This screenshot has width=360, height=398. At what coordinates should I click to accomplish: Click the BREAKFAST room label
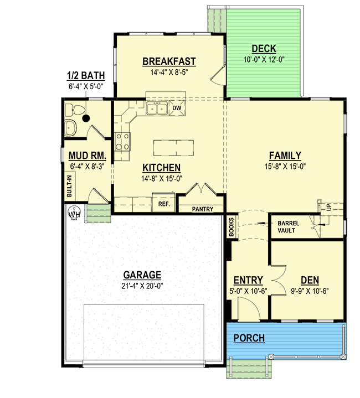tap(169, 61)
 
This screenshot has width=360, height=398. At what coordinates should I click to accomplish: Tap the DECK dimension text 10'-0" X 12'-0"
tap(264, 60)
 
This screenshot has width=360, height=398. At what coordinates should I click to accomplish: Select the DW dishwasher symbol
tap(177, 108)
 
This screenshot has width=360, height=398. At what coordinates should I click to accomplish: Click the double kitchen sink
tap(157, 108)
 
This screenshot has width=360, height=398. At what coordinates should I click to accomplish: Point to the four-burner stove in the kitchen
tap(122, 142)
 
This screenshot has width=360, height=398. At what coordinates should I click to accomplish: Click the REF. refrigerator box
tap(164, 203)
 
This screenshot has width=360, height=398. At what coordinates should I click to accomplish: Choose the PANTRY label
tap(202, 209)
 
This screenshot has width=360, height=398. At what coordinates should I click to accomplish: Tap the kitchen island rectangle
tap(174, 148)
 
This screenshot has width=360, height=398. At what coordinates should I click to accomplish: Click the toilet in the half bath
tap(75, 110)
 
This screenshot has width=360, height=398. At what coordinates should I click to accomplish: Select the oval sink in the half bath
tap(70, 128)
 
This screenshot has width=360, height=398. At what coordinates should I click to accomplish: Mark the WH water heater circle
tap(74, 213)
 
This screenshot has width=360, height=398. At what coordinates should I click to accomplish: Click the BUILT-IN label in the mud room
tap(69, 186)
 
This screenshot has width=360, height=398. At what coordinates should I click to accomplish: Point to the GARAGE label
tap(142, 275)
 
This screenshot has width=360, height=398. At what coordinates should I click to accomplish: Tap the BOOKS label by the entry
tap(232, 227)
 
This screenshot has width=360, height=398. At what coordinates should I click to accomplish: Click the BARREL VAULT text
tap(288, 227)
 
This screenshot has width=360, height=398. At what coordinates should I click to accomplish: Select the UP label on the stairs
tap(329, 208)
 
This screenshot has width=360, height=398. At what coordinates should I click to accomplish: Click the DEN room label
tap(310, 281)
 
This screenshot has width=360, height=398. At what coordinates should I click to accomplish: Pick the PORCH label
tap(249, 338)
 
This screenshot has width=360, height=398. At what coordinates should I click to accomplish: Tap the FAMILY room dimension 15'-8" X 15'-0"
tap(285, 167)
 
